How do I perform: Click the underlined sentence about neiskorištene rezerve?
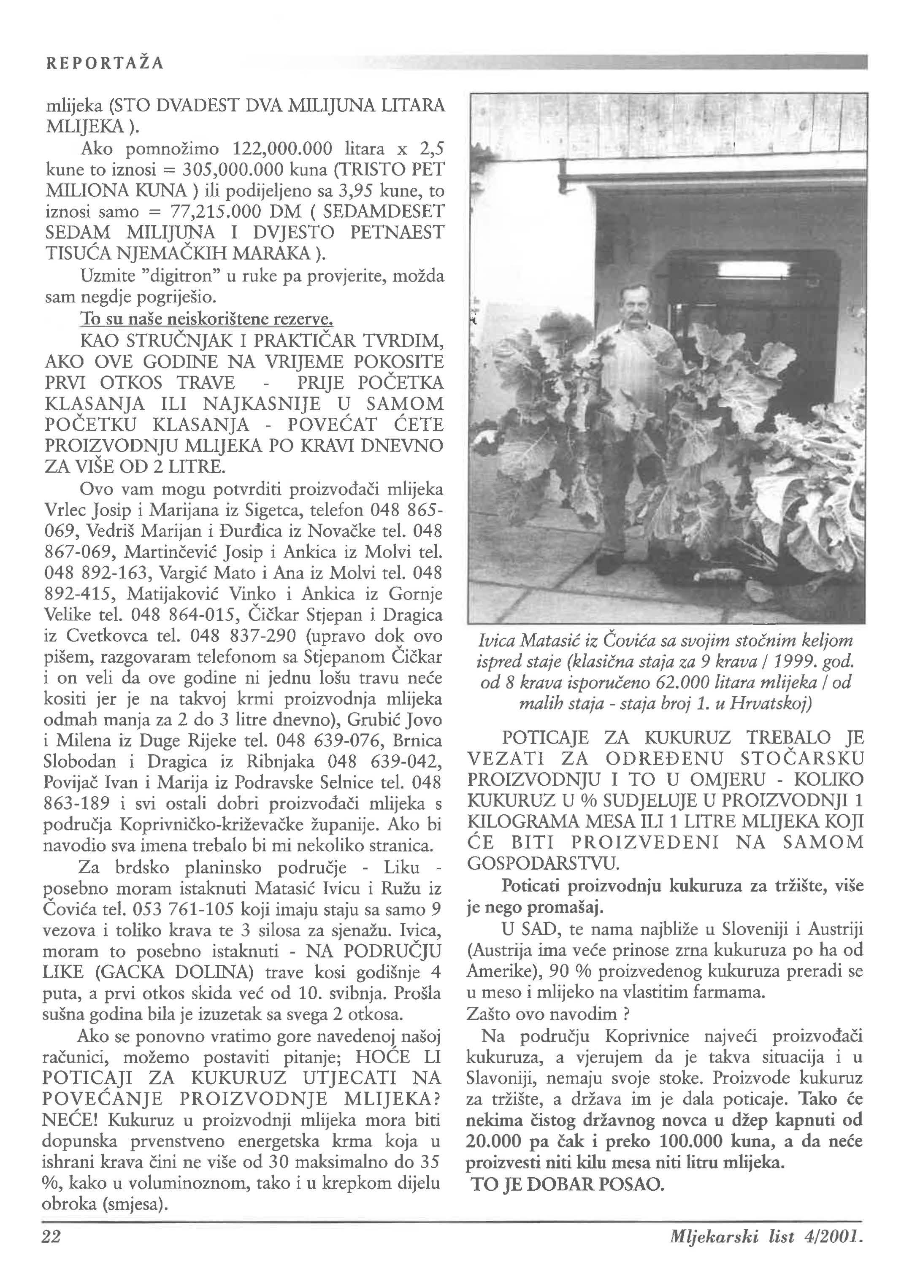(207, 319)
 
